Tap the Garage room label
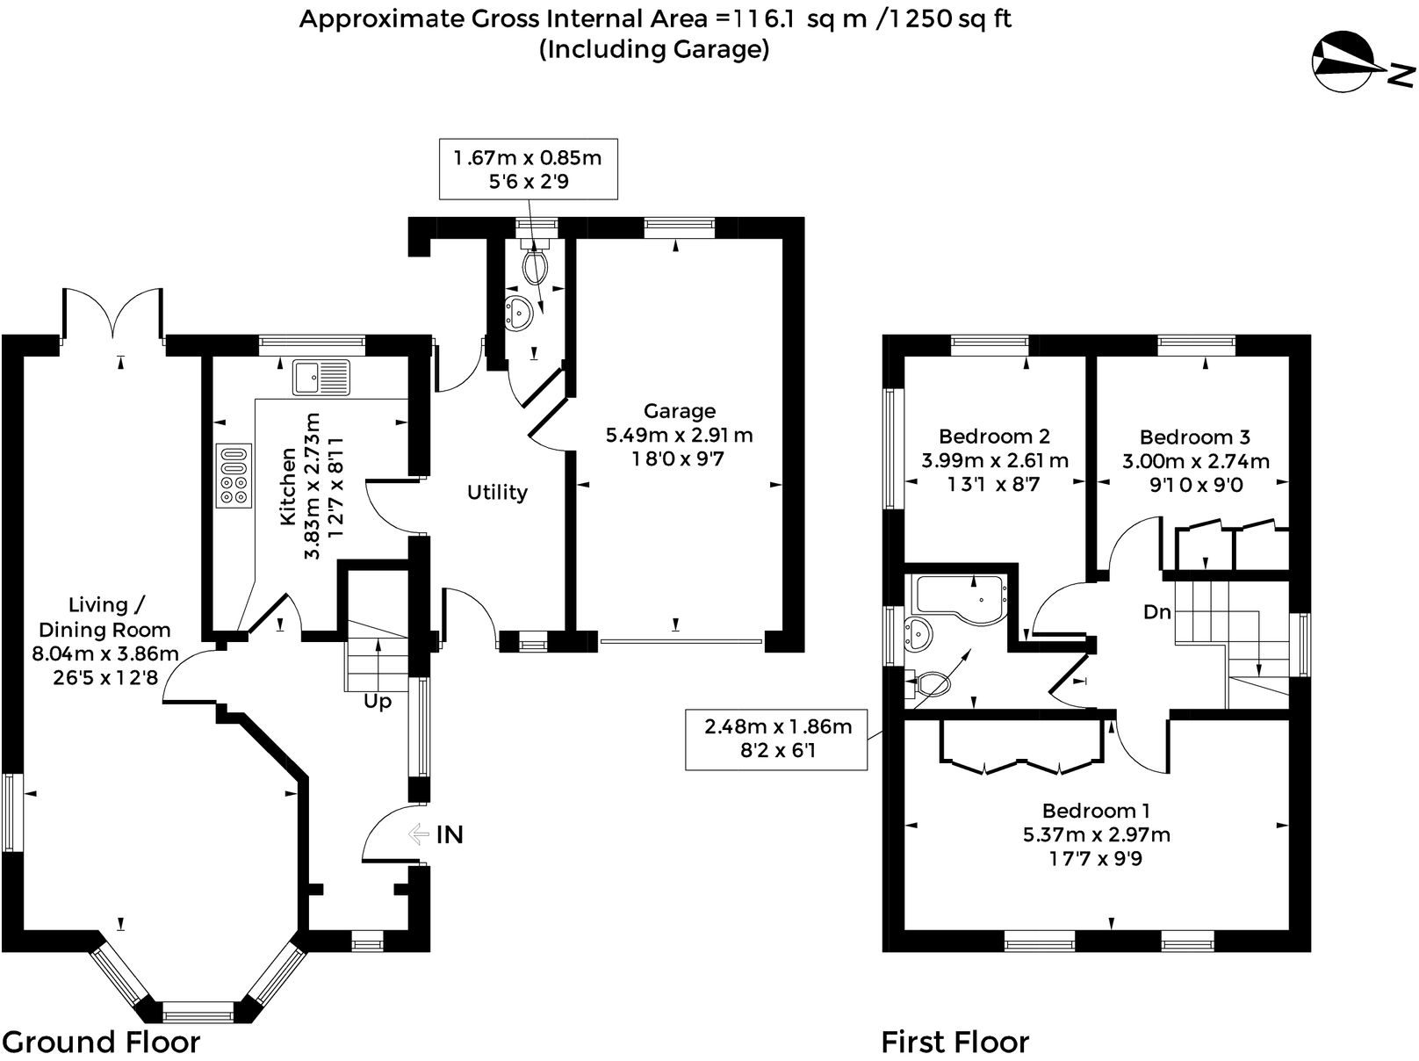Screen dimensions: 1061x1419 tap(679, 411)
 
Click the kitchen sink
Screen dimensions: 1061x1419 tap(321, 378)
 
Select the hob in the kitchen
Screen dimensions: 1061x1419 tap(234, 475)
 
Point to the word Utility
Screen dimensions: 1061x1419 tap(497, 492)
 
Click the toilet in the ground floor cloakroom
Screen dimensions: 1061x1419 tap(534, 263)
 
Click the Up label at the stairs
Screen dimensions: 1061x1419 tap(378, 702)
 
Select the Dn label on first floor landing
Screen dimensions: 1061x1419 tap(1157, 612)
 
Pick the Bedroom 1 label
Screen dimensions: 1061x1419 tap(1096, 811)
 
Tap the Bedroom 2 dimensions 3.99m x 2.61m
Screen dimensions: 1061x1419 tap(994, 460)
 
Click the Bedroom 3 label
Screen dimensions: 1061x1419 tap(1194, 437)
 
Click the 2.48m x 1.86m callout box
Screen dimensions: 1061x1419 tap(778, 739)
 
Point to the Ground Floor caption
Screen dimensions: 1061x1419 tap(101, 1042)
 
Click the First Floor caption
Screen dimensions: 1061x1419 tap(954, 1042)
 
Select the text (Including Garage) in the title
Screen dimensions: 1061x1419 tap(654, 49)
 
